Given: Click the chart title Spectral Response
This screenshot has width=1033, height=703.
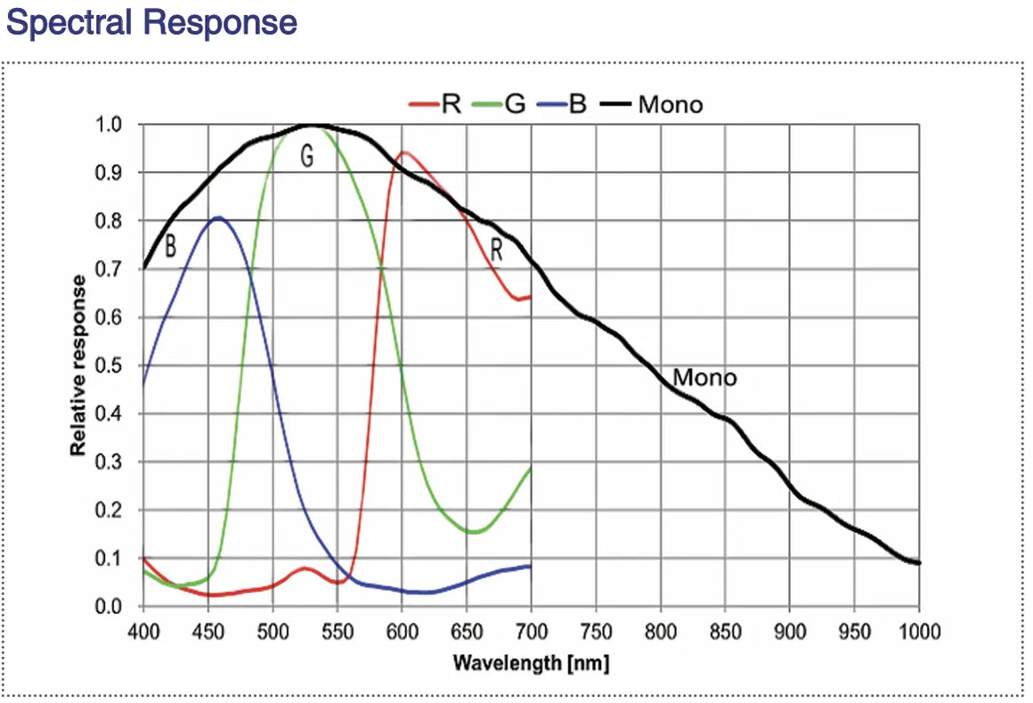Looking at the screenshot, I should tap(151, 21).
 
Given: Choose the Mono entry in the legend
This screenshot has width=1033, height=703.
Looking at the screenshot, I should tap(670, 104).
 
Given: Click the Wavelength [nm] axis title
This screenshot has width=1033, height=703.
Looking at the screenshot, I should tap(531, 664).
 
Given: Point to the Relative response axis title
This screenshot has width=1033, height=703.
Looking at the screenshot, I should tap(79, 365).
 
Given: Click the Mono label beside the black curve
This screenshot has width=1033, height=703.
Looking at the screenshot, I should tap(704, 378).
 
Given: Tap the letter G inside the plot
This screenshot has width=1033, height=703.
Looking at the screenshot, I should tap(306, 157).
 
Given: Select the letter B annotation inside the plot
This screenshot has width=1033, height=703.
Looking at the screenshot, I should tap(171, 247).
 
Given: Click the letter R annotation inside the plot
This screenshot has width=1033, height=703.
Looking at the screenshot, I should tap(497, 251).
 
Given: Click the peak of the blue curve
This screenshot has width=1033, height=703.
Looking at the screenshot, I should tap(218, 217).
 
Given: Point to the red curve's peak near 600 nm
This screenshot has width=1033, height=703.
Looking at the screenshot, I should tap(404, 152).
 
